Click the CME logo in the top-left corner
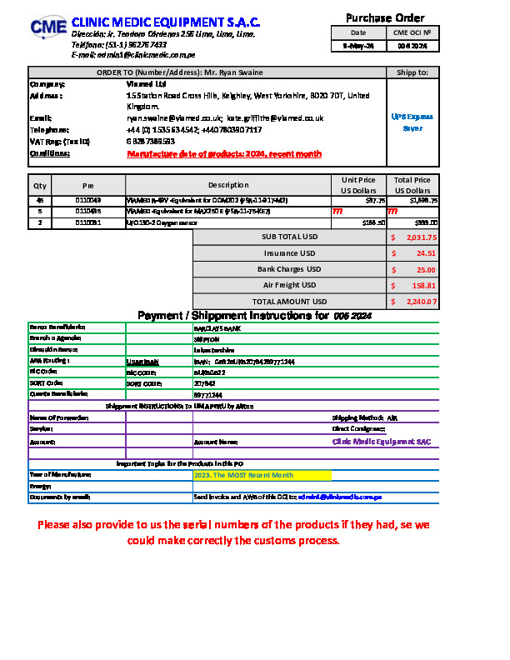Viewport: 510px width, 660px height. (x=47, y=27)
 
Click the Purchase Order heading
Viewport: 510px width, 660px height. (x=385, y=17)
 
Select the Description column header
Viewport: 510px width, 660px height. (x=228, y=185)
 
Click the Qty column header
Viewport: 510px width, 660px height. (x=39, y=185)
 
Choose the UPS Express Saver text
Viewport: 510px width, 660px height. (x=412, y=122)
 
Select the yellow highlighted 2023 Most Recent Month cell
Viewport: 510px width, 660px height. (x=261, y=475)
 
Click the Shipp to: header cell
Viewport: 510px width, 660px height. (x=412, y=72)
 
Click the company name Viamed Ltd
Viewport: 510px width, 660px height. (x=141, y=84)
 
